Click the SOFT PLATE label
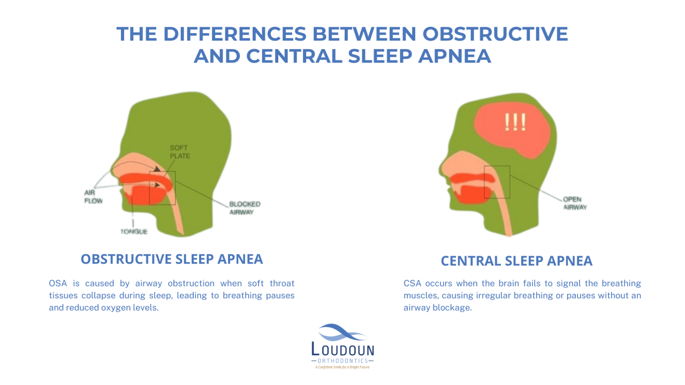(180, 152)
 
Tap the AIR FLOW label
(93, 197)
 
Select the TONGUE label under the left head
(134, 232)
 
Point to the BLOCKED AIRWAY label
(245, 208)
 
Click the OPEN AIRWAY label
(575, 203)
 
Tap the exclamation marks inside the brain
(515, 122)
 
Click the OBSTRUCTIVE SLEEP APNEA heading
(172, 259)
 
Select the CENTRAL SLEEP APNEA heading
(516, 261)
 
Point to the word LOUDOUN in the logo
(342, 350)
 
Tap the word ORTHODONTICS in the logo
(342, 361)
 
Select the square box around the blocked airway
(162, 188)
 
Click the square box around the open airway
(497, 182)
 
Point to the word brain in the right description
(496, 283)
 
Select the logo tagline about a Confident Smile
(342, 367)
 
